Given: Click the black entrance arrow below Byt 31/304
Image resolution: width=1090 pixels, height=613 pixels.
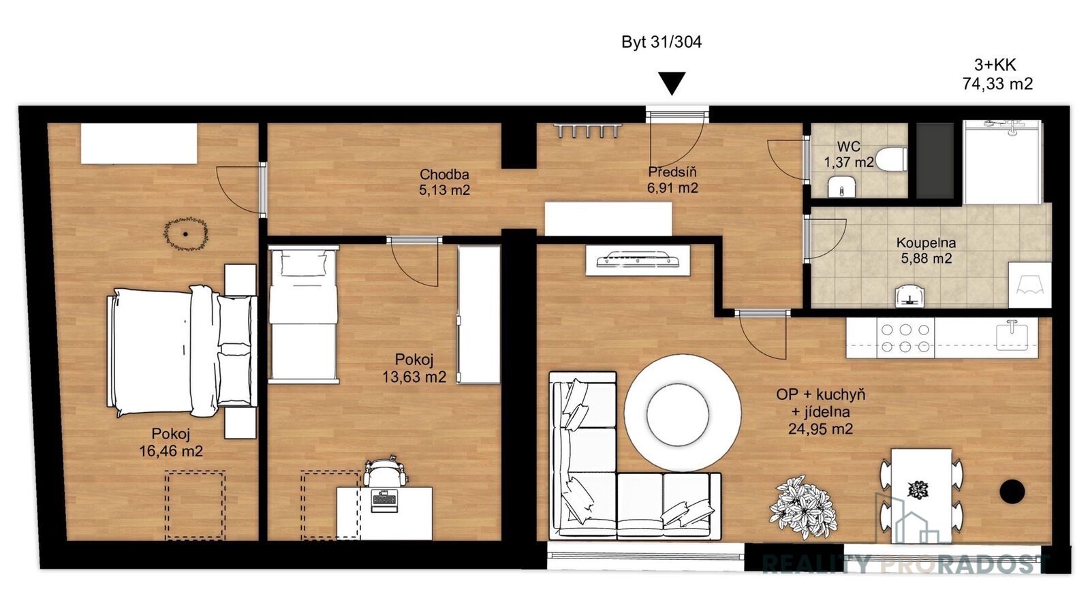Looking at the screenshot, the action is pyautogui.click(x=672, y=83).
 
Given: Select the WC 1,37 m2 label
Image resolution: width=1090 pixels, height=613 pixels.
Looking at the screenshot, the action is pyautogui.click(x=849, y=154).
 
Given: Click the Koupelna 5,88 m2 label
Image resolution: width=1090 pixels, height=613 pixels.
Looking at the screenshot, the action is pyautogui.click(x=926, y=251).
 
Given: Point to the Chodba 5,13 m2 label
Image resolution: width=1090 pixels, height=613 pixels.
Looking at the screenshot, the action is pyautogui.click(x=444, y=182).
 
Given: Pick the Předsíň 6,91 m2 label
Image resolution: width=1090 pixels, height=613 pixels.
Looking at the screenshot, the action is pyautogui.click(x=672, y=180).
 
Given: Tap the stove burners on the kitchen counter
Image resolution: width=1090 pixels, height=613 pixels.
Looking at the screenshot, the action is pyautogui.click(x=905, y=338).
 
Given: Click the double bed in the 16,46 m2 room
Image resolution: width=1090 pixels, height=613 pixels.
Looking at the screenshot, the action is pyautogui.click(x=182, y=351).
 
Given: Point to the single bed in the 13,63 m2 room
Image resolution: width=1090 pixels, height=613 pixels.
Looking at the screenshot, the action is pyautogui.click(x=303, y=314).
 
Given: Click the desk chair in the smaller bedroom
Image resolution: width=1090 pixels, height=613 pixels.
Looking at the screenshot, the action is pyautogui.click(x=384, y=471).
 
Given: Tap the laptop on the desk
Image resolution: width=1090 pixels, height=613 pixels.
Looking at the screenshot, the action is pyautogui.click(x=384, y=500).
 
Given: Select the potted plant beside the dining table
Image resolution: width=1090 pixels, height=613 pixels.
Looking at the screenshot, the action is pyautogui.click(x=803, y=507).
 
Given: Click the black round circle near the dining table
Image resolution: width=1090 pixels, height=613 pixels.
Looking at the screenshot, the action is pyautogui.click(x=1012, y=492).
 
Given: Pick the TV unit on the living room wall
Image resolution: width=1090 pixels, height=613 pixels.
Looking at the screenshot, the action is pyautogui.click(x=638, y=260).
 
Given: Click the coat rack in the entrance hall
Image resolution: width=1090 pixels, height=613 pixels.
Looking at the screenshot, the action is pyautogui.click(x=588, y=130).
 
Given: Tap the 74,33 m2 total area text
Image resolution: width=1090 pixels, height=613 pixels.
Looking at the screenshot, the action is pyautogui.click(x=997, y=84).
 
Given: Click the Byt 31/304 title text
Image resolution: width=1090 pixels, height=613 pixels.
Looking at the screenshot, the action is pyautogui.click(x=661, y=42).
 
